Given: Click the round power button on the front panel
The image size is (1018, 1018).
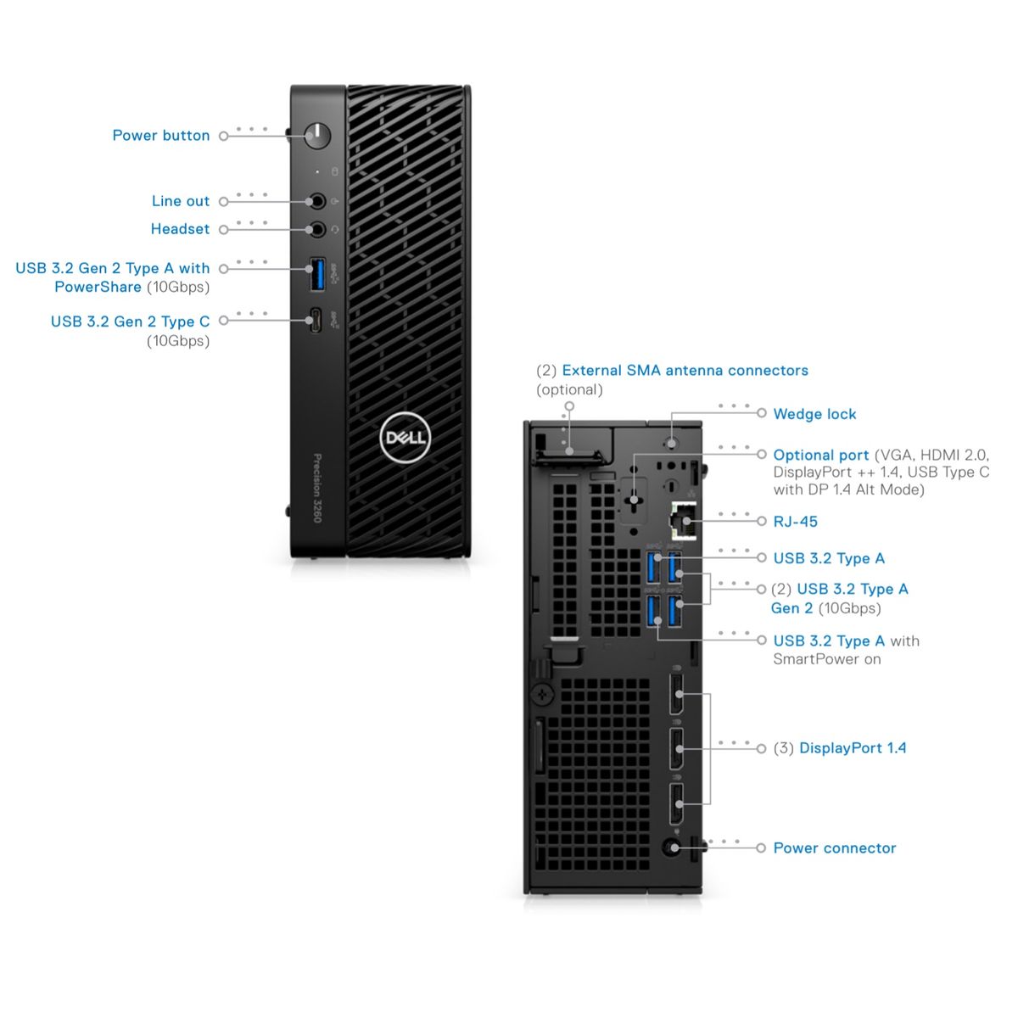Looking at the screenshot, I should coord(317,135).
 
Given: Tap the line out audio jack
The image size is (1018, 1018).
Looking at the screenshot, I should coord(317,201).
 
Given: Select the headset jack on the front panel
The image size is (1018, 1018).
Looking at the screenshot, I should coord(317,229).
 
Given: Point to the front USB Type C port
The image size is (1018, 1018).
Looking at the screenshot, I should coord(316,321).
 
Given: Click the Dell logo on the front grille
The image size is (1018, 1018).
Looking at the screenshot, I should coord(405,438).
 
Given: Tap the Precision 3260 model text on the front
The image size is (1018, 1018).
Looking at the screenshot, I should coord(317,489).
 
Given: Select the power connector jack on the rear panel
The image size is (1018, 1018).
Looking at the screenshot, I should coord(674,847).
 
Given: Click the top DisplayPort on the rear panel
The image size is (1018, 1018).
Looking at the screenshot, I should coord(677,695).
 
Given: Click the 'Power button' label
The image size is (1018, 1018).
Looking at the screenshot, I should coord(161,136).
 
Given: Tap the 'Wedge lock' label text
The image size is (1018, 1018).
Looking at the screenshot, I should coord(814,414).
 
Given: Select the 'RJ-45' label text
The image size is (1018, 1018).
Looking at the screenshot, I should coord(795,522).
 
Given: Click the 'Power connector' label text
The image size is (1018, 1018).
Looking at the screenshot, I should coord(834,848).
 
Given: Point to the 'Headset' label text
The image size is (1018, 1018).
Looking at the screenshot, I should coord(180,229).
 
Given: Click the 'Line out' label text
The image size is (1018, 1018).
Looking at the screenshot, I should coord(180,201).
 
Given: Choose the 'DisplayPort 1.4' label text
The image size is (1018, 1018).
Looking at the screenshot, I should coord(852,748).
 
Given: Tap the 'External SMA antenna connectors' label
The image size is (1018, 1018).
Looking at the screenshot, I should coord(685,371).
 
